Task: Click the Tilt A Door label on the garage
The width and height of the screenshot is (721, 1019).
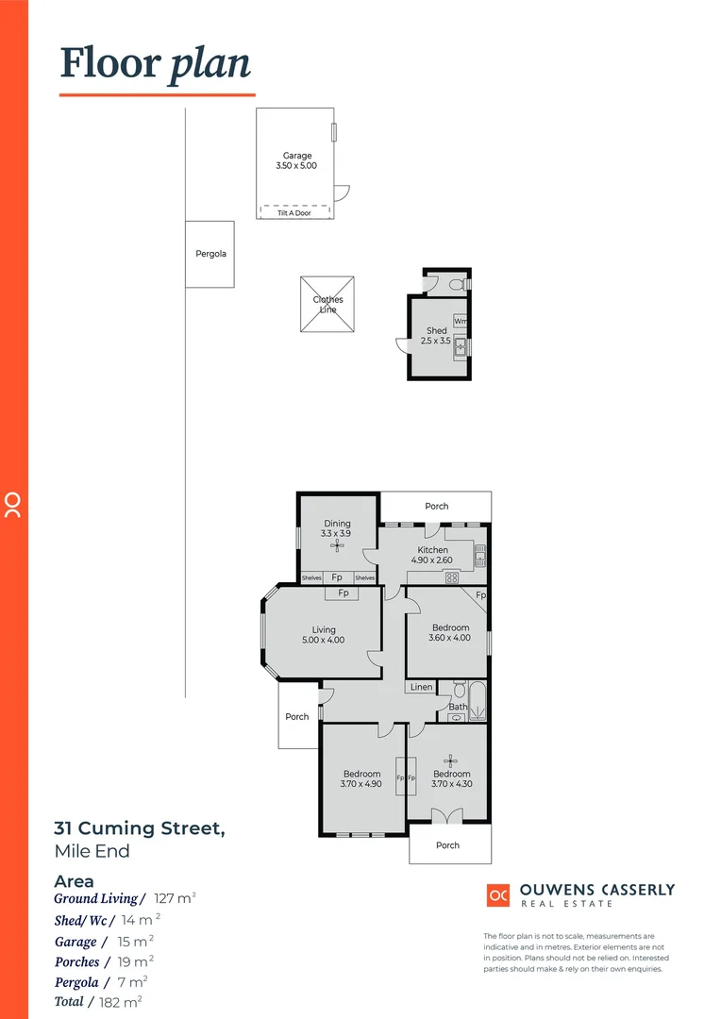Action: coord(294,213)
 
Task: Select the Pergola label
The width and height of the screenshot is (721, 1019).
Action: coord(210,254)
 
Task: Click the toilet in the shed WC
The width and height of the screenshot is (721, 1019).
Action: coord(456,284)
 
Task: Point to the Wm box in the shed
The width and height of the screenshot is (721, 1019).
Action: coord(461,321)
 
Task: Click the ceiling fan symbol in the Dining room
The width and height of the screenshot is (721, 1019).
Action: coord(336,543)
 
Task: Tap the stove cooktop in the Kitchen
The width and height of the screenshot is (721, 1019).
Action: coord(451,577)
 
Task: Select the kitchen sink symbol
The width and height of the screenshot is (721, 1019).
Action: coord(479,556)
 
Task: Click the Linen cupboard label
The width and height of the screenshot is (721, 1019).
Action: coord(421,687)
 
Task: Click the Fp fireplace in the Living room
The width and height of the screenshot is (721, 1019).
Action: coord(344,593)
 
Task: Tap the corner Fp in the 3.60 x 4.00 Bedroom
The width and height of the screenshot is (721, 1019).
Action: coord(480,595)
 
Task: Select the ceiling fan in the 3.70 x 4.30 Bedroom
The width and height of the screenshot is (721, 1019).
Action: coord(450,760)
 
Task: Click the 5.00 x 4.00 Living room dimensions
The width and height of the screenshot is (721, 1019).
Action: coord(324,640)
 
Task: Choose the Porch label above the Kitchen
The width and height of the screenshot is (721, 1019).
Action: coord(436,507)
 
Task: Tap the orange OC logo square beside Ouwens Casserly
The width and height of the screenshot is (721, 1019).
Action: coord(498,895)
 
